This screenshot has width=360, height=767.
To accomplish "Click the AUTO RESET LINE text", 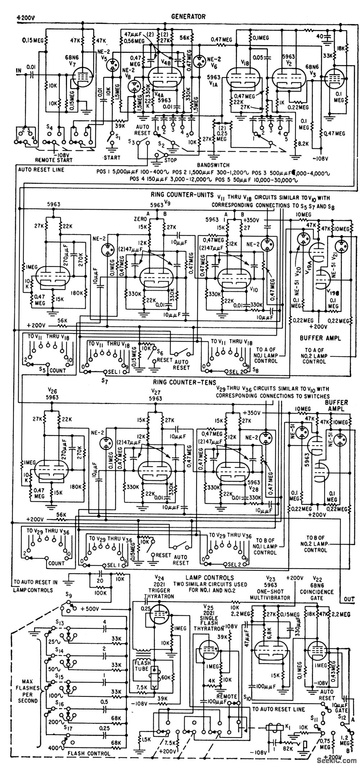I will coord(40,170).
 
